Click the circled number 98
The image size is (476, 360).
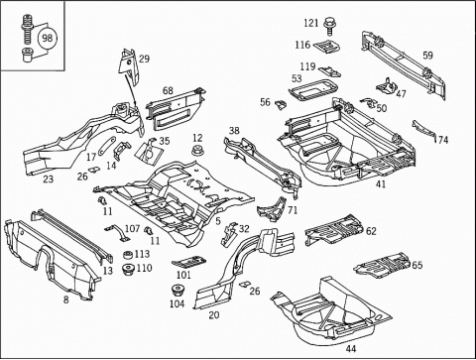point(48,38)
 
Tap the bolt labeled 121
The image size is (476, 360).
point(329,26)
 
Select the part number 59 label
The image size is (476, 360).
point(427,56)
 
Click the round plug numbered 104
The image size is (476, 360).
point(178,291)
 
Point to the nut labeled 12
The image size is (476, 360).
point(197,150)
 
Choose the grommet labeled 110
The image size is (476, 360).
point(128,269)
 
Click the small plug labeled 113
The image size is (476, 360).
point(128,255)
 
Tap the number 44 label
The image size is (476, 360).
point(351,348)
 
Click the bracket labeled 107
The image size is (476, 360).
point(117,231)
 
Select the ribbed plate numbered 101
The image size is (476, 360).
point(188,262)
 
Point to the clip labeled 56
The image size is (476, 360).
point(281,104)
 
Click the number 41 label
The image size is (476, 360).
point(381,183)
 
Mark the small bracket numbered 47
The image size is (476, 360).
point(386,85)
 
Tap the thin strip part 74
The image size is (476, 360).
point(423,131)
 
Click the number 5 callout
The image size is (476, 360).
point(218,221)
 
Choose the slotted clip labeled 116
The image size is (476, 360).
point(326,46)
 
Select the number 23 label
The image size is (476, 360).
point(49,179)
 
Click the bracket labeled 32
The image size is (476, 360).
point(229,234)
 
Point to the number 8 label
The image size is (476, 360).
point(66,300)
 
